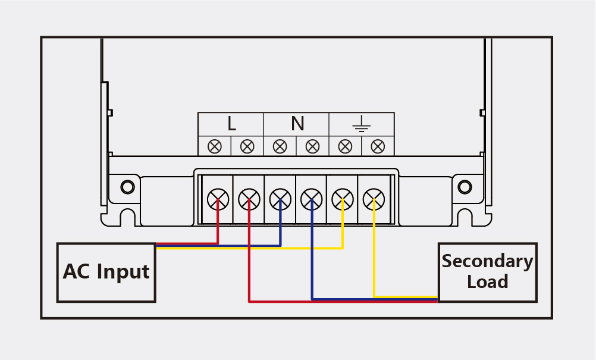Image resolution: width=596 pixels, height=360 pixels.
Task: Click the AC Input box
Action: [106, 272]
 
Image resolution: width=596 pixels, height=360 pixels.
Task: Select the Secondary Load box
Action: [487, 272]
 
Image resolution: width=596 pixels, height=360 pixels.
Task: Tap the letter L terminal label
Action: [231, 124]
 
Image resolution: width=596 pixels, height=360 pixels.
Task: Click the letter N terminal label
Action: [297, 124]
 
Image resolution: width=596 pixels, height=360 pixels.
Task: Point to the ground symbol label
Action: [361, 124]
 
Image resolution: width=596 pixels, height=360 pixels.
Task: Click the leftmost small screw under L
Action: [215, 146]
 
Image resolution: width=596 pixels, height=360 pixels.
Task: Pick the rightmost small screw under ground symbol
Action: [377, 146]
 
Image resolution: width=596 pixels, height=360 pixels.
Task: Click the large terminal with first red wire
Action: [218, 198]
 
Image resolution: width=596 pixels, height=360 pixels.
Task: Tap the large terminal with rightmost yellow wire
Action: [374, 198]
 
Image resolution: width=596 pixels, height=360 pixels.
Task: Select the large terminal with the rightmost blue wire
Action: [311, 198]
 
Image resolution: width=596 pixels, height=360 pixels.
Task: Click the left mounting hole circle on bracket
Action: [127, 187]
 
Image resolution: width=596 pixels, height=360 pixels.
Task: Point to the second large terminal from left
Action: [249, 198]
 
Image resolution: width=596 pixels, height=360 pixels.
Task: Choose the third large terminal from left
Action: [280, 198]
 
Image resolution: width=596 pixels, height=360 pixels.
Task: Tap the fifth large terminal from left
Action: [343, 198]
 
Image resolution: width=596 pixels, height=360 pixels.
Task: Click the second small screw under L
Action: [247, 146]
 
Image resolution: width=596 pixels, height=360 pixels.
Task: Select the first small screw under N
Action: [280, 146]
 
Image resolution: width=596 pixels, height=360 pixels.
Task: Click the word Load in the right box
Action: [487, 281]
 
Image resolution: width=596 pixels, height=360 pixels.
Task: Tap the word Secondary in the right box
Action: [487, 261]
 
